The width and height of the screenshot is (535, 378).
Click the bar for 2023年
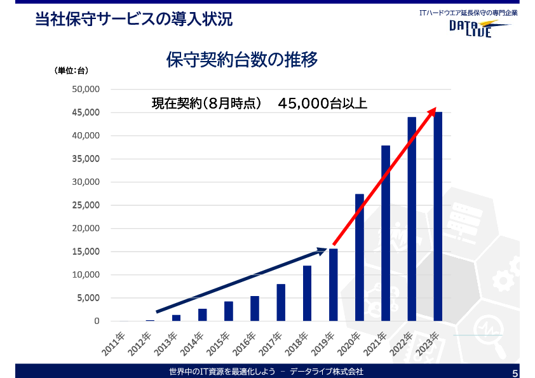tap(438, 216)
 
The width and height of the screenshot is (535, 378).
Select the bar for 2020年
tap(360, 257)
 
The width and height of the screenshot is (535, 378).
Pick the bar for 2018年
tap(307, 293)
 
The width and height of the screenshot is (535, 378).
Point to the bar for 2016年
tap(255, 308)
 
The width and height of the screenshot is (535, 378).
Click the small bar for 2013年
tap(176, 318)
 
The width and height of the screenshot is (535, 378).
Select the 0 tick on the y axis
tap(97, 321)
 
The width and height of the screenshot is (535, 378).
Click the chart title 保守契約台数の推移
tap(241, 60)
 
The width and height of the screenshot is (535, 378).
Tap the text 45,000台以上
tap(322, 103)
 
